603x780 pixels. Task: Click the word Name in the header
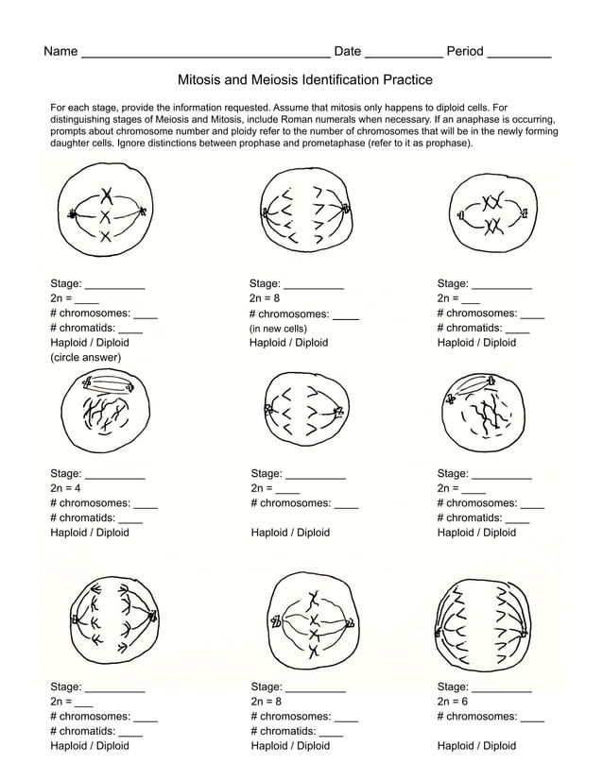[60, 52]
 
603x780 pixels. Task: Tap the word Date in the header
[348, 52]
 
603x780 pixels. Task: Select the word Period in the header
[464, 52]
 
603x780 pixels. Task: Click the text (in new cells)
[278, 329]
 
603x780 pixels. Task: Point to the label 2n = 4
[65, 488]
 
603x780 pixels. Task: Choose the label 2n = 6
[452, 702]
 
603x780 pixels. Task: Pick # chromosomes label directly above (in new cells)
[288, 314]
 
